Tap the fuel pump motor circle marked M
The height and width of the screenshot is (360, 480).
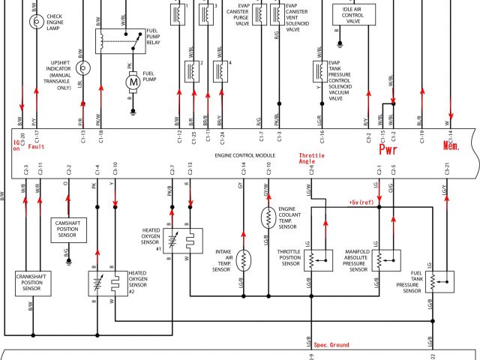pos(132,81)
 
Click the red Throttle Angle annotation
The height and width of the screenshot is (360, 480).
pos(309,157)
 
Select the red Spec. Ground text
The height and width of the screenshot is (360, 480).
pos(331,345)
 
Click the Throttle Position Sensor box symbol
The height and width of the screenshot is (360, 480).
pos(319,260)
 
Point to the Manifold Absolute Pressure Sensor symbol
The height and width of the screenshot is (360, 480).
pos(378,260)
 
